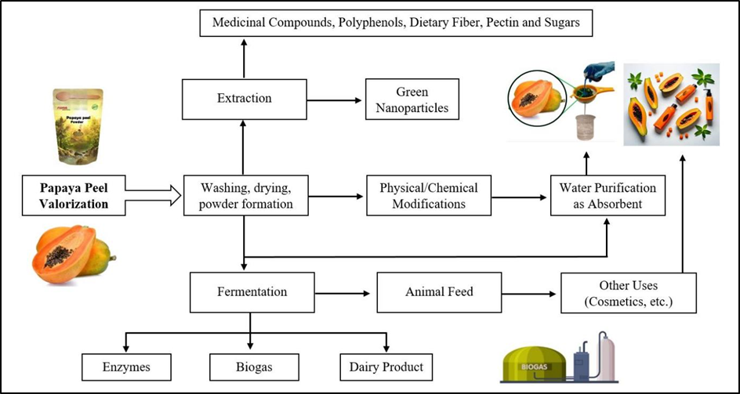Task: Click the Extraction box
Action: [x=244, y=98]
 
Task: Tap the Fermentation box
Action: [x=252, y=292]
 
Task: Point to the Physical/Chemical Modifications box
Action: [x=433, y=196]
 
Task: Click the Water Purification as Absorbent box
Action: [x=608, y=196]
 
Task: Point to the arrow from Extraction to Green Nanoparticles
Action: [x=335, y=99]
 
